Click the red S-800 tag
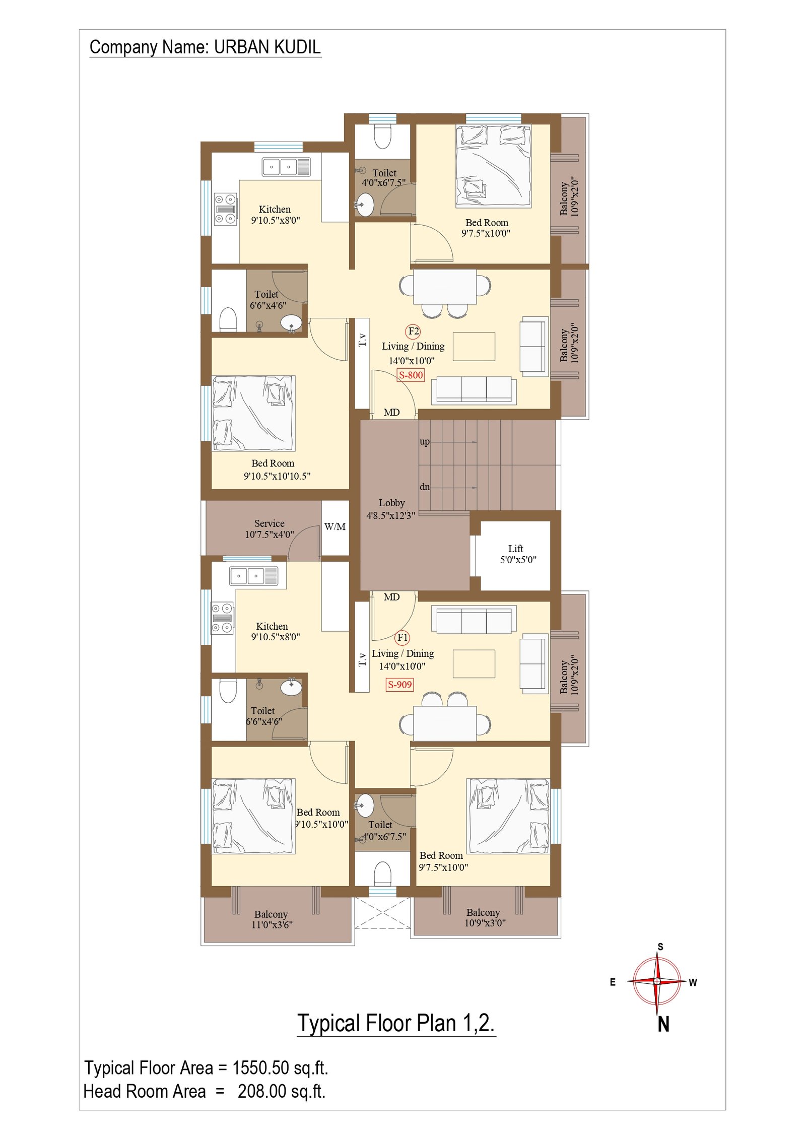tap(411, 375)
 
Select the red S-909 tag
tap(399, 685)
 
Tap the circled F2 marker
tap(413, 331)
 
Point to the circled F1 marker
tap(402, 638)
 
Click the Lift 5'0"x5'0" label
tap(517, 554)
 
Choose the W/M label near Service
tap(335, 527)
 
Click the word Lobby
tap(391, 503)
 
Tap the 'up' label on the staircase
tap(425, 442)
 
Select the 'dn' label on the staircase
tap(425, 487)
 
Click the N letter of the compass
tap(663, 1025)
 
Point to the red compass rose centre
tap(657, 981)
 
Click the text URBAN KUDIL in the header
tap(267, 47)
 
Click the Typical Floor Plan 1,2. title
tap(396, 1023)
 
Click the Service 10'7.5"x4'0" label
tap(270, 529)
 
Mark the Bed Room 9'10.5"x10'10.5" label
tap(277, 470)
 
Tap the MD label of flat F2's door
tap(391, 413)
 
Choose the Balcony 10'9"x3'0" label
tap(484, 917)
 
